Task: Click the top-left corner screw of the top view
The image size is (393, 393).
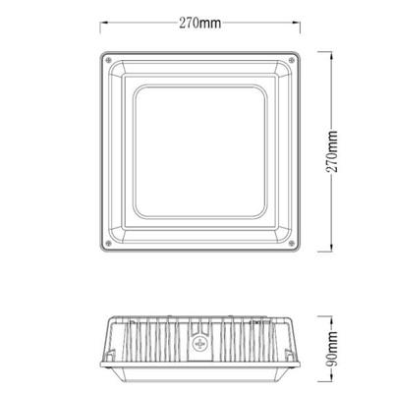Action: [107, 60]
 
